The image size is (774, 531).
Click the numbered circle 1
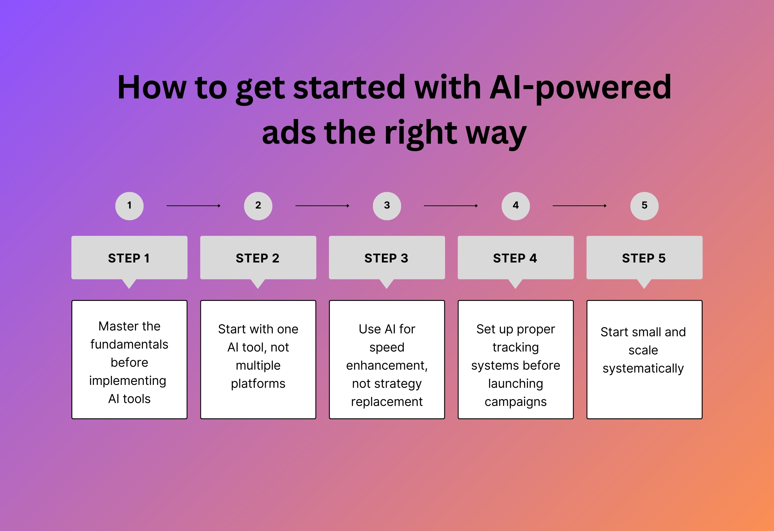129,206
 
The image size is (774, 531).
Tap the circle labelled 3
387,206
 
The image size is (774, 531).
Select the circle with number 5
644,206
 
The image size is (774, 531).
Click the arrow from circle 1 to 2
193,206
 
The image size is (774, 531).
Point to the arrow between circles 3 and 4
450,206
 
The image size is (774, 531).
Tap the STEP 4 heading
515,258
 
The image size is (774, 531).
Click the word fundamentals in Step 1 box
129,344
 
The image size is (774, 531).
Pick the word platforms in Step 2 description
258,383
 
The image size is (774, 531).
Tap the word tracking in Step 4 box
515,347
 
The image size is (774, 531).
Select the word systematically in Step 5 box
643,368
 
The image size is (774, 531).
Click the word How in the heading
152,87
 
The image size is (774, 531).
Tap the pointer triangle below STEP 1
129,284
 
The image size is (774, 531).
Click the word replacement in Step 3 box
387,402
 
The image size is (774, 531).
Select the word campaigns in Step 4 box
515,402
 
